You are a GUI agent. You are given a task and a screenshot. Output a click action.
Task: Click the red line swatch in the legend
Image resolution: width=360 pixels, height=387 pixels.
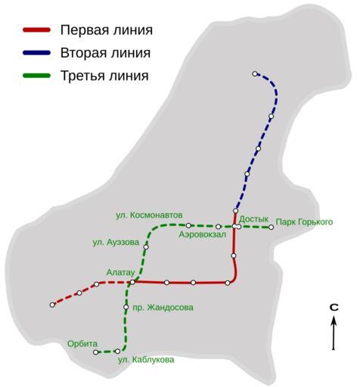37,30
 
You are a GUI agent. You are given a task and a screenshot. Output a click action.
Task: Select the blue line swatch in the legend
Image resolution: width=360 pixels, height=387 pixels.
37,53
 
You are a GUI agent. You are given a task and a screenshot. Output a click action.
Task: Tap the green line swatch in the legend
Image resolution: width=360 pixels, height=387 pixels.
37,76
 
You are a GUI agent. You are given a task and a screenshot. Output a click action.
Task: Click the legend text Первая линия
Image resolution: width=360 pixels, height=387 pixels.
107,30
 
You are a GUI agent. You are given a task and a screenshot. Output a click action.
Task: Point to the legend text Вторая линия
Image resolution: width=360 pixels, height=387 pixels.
105,53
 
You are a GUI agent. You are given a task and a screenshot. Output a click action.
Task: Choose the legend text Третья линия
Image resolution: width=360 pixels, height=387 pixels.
104,76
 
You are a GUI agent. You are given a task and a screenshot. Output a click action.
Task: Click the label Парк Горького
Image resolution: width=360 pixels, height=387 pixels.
304,222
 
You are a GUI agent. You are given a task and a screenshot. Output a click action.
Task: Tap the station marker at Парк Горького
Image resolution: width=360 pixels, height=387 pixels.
271,227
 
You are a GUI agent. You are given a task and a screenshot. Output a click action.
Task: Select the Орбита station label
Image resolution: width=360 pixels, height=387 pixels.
82,344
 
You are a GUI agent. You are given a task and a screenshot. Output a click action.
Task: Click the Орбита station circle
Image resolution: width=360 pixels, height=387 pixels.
95,352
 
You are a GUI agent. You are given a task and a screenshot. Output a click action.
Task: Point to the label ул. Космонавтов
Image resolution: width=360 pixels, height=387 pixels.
149,215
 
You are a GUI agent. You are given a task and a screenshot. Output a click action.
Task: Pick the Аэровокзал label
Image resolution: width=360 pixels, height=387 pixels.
203,234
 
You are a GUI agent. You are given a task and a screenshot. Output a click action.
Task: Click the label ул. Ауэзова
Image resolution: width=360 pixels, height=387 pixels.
116,243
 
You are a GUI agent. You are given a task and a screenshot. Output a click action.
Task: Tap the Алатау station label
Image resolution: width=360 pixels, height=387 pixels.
120,272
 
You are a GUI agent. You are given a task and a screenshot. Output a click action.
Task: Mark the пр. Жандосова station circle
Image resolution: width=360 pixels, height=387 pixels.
126,307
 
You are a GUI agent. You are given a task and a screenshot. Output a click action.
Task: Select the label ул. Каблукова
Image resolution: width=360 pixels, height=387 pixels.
146,360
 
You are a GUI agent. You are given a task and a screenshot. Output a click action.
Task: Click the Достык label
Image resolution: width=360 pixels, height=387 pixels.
253,219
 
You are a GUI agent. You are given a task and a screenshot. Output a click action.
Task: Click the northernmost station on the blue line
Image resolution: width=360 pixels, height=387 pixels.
255,74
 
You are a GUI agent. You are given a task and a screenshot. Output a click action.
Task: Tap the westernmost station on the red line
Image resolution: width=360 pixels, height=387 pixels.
52,305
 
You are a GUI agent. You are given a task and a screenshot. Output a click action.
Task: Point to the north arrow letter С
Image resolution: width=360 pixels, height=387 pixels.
334,307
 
